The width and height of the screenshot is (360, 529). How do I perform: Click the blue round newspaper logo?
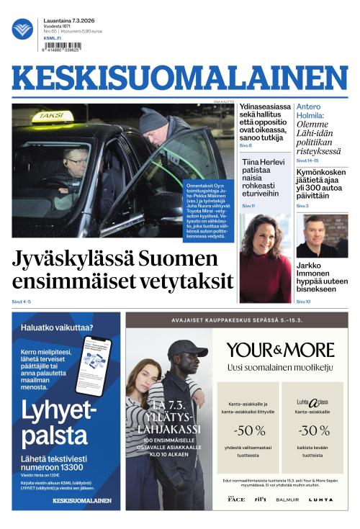point(22,29)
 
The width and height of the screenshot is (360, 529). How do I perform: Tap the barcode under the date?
point(62,46)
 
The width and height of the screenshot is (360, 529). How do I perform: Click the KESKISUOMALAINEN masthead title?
point(179,78)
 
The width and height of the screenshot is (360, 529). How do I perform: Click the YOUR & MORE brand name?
point(280,351)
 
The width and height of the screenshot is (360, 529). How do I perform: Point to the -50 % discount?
point(250,430)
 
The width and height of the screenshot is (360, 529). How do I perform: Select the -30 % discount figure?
point(314,430)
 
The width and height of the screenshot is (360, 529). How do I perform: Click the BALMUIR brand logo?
point(287,499)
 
